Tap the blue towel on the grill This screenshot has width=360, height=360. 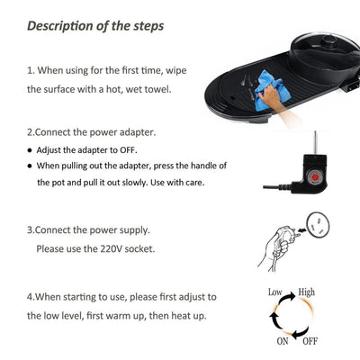tap(272, 90)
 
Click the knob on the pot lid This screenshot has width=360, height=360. tap(329, 42)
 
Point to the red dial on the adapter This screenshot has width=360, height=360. tap(315, 177)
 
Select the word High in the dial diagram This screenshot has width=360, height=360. tap(306, 292)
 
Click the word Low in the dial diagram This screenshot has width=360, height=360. tap(275, 292)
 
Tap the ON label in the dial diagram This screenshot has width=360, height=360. tap(283, 341)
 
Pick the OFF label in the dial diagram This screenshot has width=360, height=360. tap(310, 341)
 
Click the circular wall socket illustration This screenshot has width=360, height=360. tap(318, 225)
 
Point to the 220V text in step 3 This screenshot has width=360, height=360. tap(111, 248)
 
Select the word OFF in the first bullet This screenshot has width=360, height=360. tap(128, 150)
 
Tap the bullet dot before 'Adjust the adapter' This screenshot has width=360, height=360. tap(30, 150)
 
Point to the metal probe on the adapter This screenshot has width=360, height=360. tap(315, 142)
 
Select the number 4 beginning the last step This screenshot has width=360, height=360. tap(30, 297)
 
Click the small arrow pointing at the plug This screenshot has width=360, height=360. tap(301, 230)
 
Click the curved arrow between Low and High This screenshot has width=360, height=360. tap(289, 295)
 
